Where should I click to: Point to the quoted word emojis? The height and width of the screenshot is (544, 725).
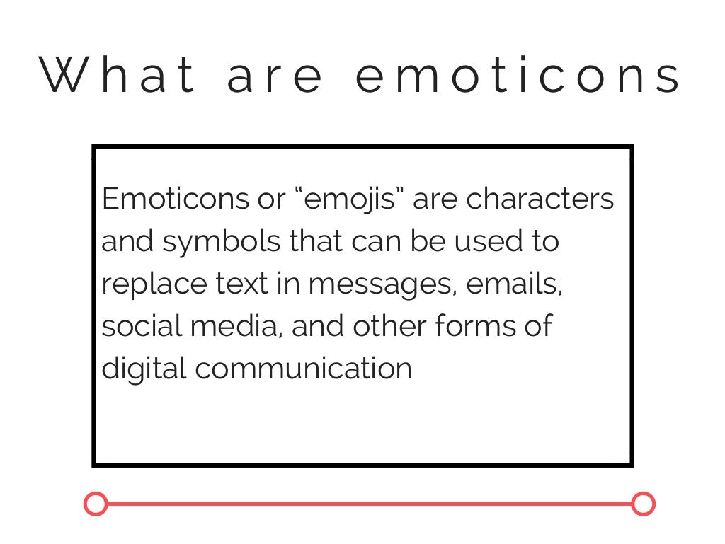347,200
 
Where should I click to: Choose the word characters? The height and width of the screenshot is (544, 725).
540,199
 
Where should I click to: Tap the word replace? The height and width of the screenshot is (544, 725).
148,284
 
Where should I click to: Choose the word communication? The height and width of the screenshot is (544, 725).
304,369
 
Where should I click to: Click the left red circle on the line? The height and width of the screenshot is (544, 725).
96,504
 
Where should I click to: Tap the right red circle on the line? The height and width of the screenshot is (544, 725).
643,504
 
